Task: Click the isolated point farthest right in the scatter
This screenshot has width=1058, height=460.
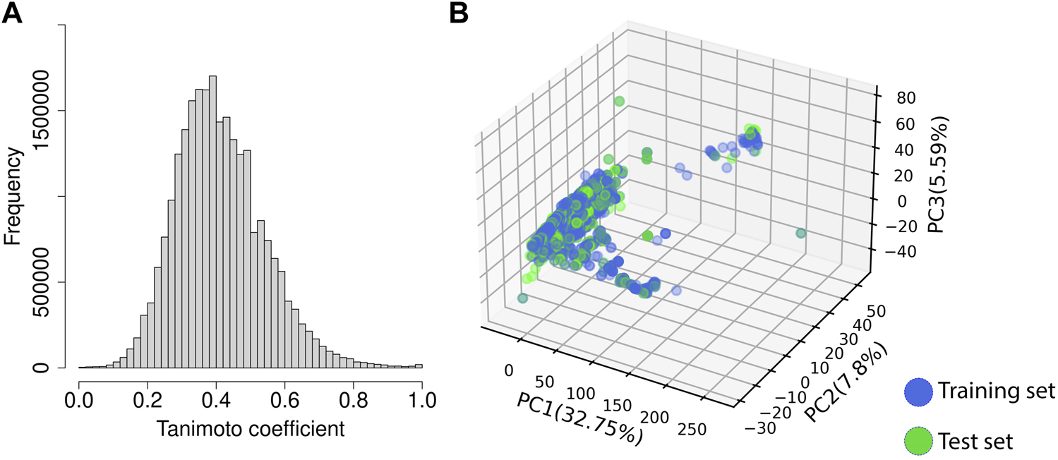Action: click(x=800, y=233)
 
